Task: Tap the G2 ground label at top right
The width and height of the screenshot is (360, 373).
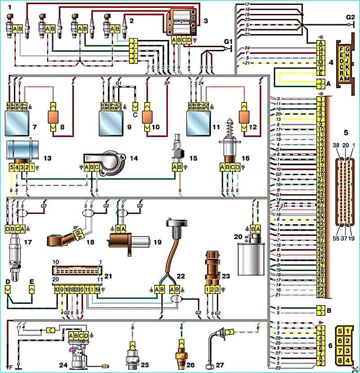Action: point(350,17)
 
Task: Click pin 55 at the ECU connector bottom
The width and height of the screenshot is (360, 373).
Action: point(320,295)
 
